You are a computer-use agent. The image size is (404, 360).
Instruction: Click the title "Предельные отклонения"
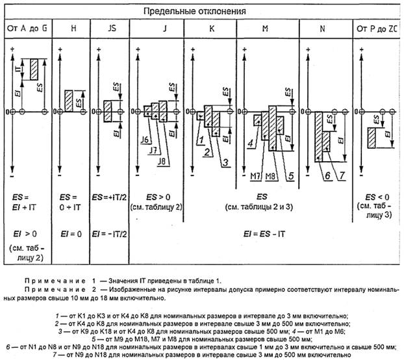click(201, 11)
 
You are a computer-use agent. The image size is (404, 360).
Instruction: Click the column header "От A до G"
click(27, 29)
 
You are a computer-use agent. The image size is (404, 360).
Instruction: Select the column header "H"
click(71, 29)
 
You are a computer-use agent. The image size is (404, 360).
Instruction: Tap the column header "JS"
click(109, 29)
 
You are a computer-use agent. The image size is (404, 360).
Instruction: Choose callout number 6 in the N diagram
click(327, 175)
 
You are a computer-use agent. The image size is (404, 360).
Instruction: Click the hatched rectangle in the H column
click(68, 101)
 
